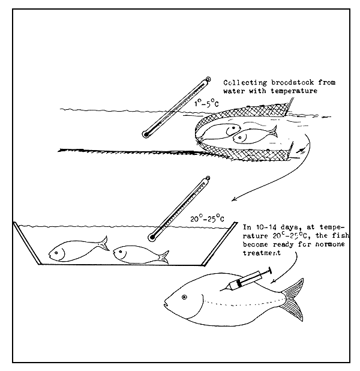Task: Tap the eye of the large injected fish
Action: [x=185, y=297]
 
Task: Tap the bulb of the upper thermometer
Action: [x=145, y=135]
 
